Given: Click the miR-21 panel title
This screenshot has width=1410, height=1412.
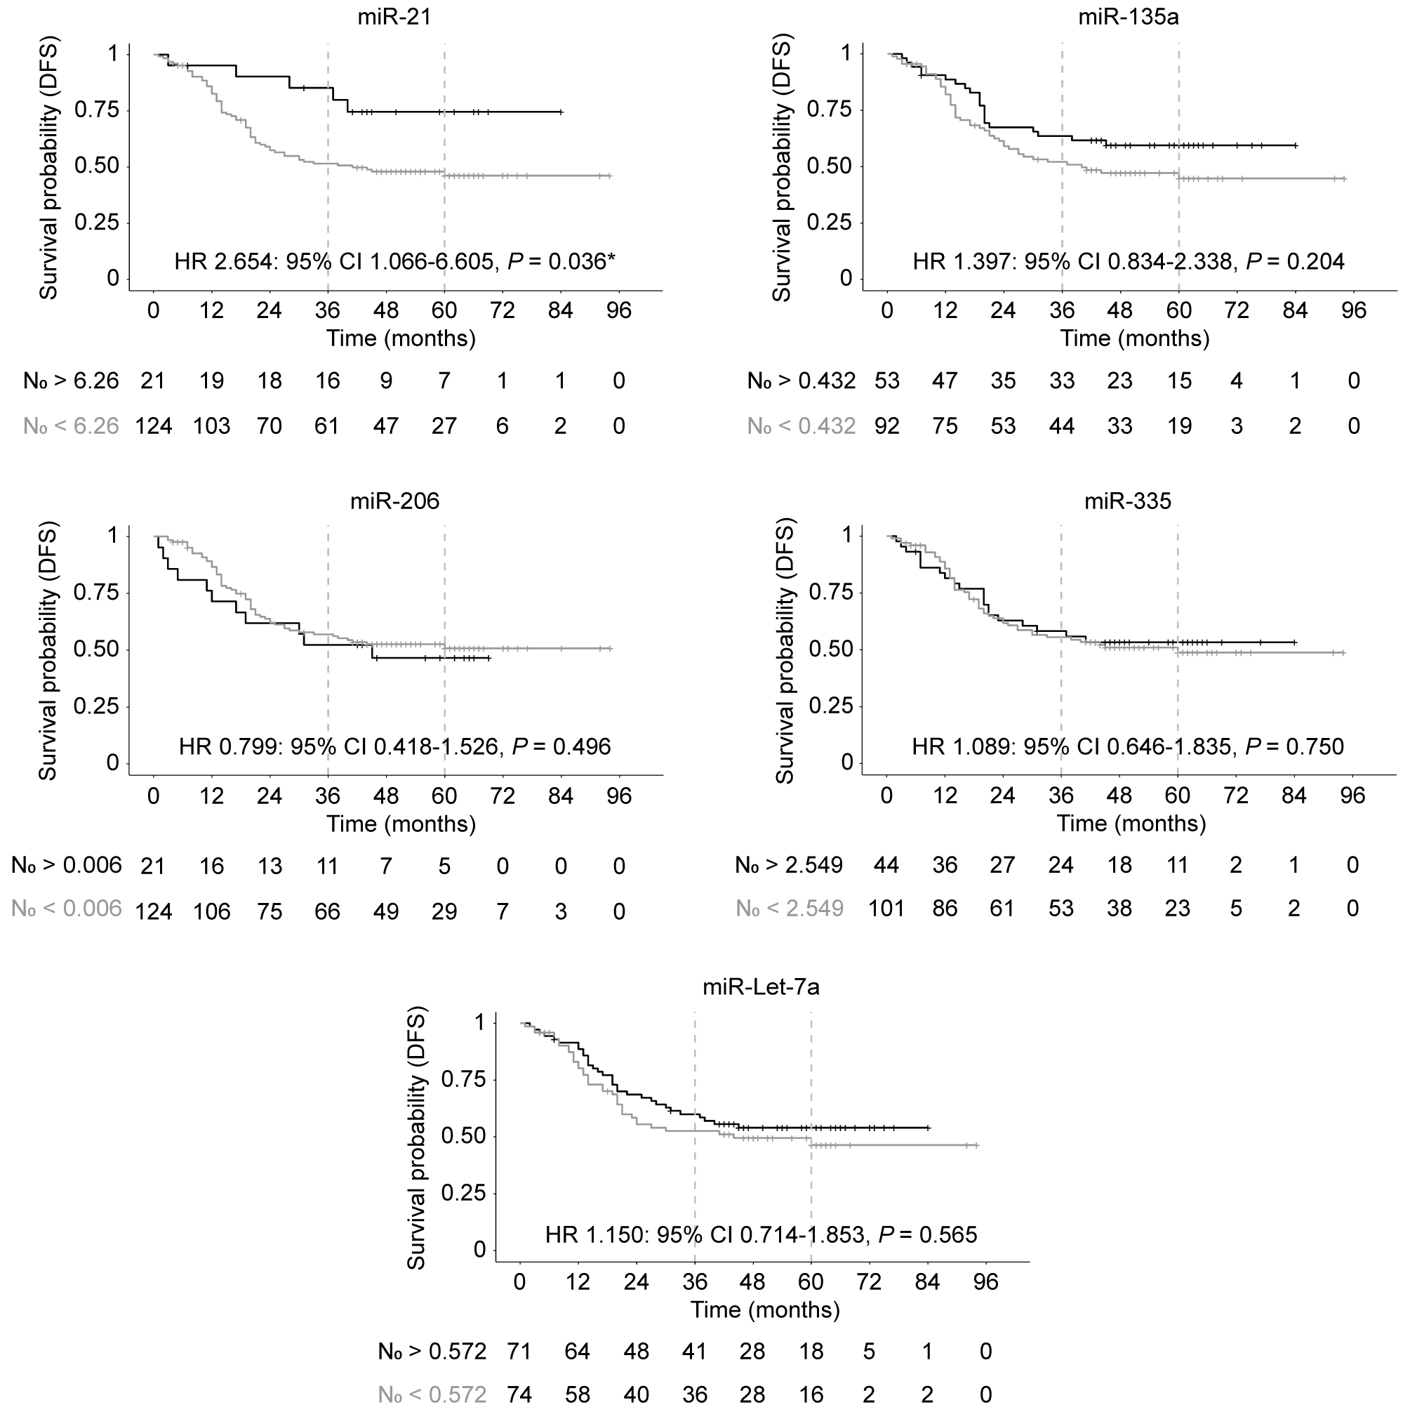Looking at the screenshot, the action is point(394,17).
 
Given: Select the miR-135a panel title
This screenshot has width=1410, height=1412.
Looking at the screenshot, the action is point(1128,17).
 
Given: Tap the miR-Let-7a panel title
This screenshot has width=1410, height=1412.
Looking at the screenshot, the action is point(761,987).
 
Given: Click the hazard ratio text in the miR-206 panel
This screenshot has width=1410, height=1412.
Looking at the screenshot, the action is point(394,746).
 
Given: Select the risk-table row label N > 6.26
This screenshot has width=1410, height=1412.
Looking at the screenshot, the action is point(71,381).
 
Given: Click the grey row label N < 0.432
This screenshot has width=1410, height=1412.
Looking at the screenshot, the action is point(801,426).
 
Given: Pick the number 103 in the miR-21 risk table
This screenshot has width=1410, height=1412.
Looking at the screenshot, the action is point(212,426).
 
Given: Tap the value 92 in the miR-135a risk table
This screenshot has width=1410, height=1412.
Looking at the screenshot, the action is point(887,426).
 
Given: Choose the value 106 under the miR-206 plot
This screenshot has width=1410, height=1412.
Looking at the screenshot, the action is point(212,911).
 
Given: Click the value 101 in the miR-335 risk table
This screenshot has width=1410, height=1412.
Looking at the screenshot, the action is point(887,909).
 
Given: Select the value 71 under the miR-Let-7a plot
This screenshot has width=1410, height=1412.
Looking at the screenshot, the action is point(519,1352).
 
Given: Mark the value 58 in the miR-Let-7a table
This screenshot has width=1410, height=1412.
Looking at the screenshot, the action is point(577,1395).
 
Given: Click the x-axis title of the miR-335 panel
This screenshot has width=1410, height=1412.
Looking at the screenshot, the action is point(1131,824).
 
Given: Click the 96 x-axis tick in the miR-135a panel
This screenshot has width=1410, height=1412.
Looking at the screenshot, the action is point(1354,310).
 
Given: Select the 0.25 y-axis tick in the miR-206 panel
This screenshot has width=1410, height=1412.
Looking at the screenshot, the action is point(96,707).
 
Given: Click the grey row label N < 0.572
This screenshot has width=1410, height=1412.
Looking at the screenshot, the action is point(432,1395).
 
